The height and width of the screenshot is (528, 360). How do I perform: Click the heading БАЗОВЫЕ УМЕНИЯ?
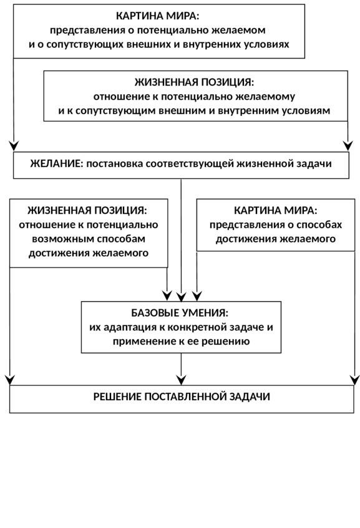pyautogui.click(x=180, y=313)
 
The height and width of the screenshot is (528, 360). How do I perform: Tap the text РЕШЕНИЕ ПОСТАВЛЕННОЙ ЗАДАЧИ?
pyautogui.click(x=182, y=396)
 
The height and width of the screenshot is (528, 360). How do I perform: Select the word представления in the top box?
pyautogui.click(x=87, y=31)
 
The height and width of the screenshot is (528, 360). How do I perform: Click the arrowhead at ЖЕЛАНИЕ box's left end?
pyautogui.click(x=14, y=146)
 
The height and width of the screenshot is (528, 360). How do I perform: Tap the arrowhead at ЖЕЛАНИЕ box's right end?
pyautogui.click(x=348, y=146)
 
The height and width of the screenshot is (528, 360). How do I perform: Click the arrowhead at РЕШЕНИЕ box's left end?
pyautogui.click(x=10, y=380)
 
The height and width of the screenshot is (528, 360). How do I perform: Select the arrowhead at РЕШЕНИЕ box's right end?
pyautogui.click(x=354, y=380)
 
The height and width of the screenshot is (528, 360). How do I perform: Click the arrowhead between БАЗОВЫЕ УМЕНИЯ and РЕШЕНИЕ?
pyautogui.click(x=182, y=380)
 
